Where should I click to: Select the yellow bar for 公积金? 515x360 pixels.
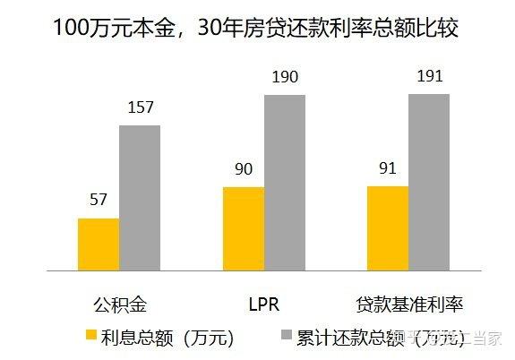pyautogui.click(x=99, y=244)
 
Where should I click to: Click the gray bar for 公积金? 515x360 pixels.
pyautogui.click(x=140, y=197)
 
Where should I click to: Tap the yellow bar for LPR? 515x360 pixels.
pyautogui.click(x=243, y=228)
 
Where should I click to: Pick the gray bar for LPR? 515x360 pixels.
pyautogui.click(x=284, y=182)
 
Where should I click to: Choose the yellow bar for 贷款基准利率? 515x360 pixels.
pyautogui.click(x=387, y=227)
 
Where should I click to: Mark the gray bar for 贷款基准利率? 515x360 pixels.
pyautogui.click(x=428, y=181)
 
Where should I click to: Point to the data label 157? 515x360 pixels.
pyautogui.click(x=140, y=107)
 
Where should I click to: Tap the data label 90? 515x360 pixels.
pyautogui.click(x=243, y=170)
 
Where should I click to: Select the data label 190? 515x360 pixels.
pyautogui.click(x=284, y=77)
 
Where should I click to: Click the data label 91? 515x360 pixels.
pyautogui.click(x=387, y=169)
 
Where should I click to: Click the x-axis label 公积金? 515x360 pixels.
pyautogui.click(x=118, y=304)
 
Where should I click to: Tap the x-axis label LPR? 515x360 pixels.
pyautogui.click(x=263, y=304)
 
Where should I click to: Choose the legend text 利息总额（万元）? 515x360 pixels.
pyautogui.click(x=168, y=337)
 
